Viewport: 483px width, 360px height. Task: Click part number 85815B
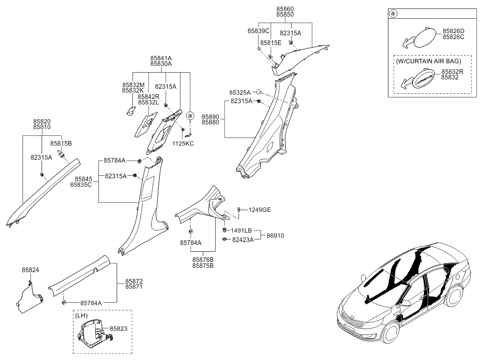(61, 143)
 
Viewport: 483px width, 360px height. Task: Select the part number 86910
(275, 235)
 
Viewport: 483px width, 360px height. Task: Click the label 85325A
(240, 92)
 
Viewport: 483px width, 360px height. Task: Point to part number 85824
(31, 270)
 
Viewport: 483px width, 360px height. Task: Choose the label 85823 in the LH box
(118, 329)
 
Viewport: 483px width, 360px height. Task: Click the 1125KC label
(184, 143)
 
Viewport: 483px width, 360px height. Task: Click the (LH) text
(82, 316)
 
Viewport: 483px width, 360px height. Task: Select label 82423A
(242, 239)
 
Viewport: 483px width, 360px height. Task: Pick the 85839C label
(258, 31)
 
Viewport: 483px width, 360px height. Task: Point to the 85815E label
(271, 42)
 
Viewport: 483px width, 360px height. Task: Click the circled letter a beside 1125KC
(191, 115)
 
